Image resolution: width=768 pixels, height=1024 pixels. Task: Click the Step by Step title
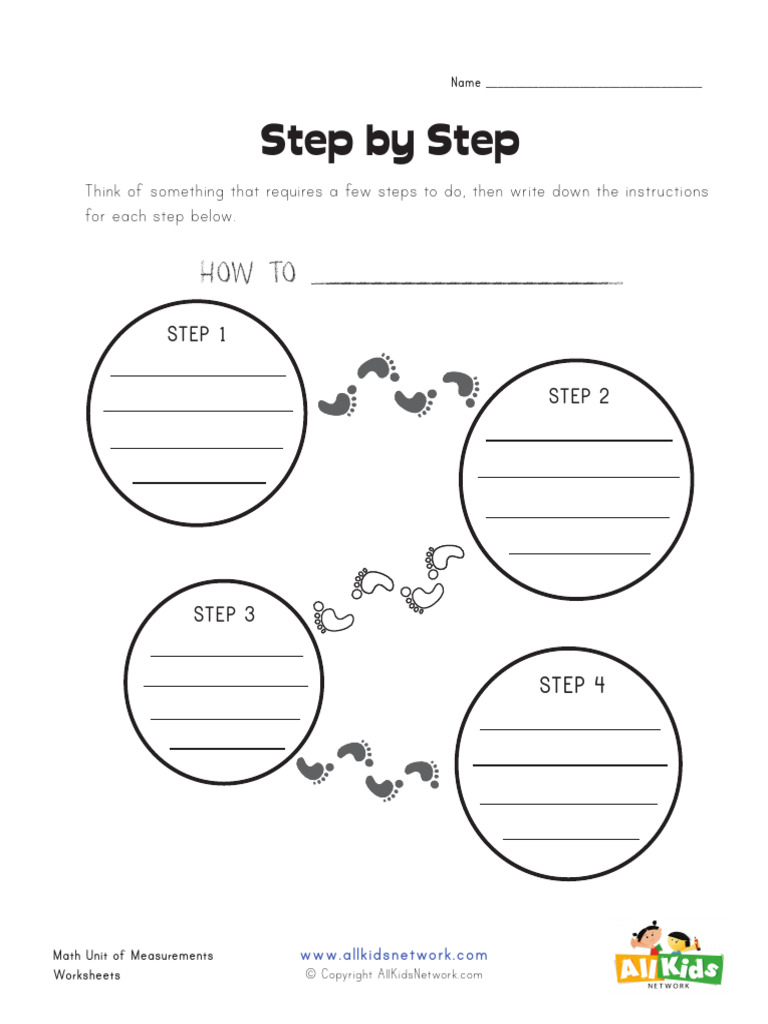tap(390, 142)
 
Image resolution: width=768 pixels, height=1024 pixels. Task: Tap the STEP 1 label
tap(197, 334)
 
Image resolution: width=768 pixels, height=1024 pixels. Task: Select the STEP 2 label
tap(578, 396)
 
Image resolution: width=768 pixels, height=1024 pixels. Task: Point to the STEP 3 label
tap(224, 614)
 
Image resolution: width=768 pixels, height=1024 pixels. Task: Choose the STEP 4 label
tap(572, 685)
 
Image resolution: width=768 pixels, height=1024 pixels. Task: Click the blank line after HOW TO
tap(467, 283)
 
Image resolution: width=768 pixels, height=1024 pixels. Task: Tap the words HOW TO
tap(248, 272)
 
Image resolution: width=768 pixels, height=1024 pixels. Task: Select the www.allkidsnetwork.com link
tap(394, 955)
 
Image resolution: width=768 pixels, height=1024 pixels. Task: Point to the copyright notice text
tap(394, 975)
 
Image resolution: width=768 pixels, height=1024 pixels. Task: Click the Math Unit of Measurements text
tap(133, 955)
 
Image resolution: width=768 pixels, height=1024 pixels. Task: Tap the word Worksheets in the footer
tap(87, 975)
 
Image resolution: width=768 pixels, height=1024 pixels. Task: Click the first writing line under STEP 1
tap(198, 376)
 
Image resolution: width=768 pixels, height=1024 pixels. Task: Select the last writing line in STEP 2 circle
tap(580, 553)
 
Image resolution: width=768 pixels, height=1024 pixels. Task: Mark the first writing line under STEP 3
tap(226, 656)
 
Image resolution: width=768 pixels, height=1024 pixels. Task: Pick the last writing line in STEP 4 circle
tap(570, 839)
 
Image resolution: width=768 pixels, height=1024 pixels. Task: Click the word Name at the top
tap(465, 83)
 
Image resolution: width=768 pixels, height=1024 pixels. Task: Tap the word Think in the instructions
tap(104, 191)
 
